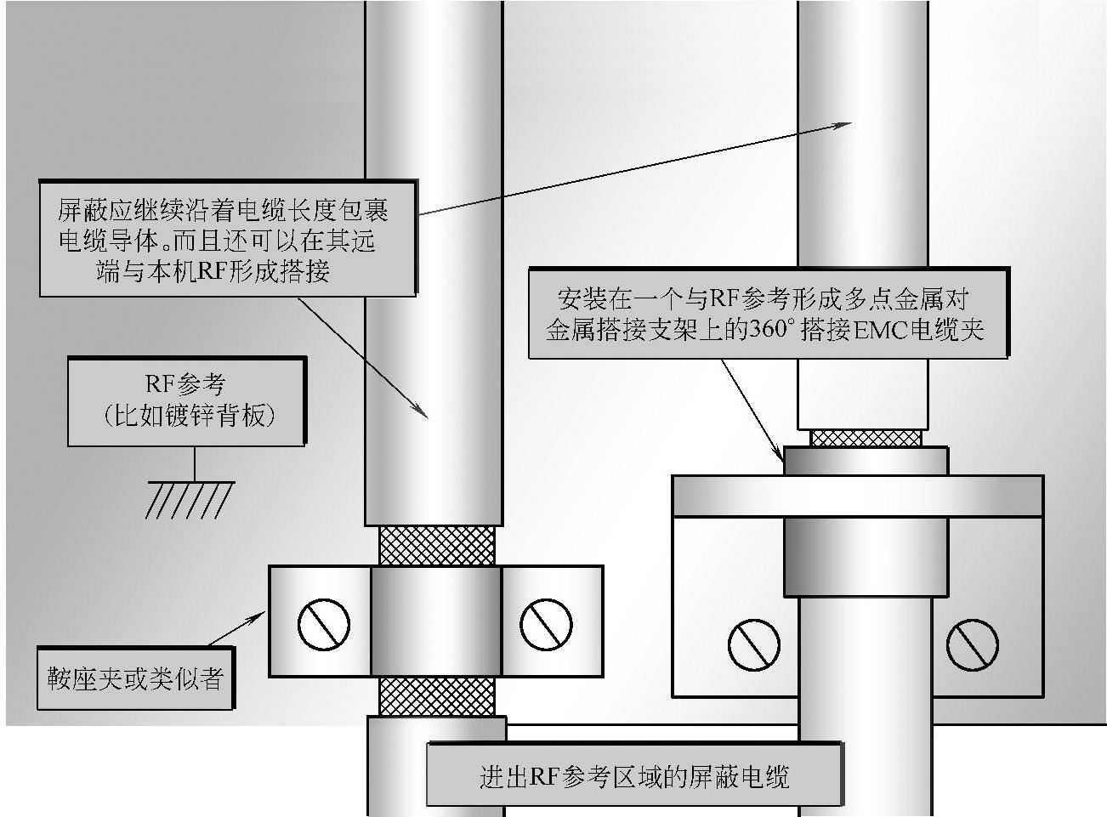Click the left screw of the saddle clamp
[323, 624]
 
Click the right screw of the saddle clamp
[545, 624]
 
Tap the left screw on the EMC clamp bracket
[753, 643]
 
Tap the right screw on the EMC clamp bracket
[973, 643]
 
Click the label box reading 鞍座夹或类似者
[135, 678]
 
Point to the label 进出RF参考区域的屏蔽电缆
[634, 775]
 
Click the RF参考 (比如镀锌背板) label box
[186, 401]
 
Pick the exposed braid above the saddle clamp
[436, 545]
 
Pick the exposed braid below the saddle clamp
[436, 695]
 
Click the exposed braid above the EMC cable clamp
[866, 438]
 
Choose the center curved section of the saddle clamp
[436, 621]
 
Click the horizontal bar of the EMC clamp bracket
[857, 496]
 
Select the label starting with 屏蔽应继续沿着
[228, 239]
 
